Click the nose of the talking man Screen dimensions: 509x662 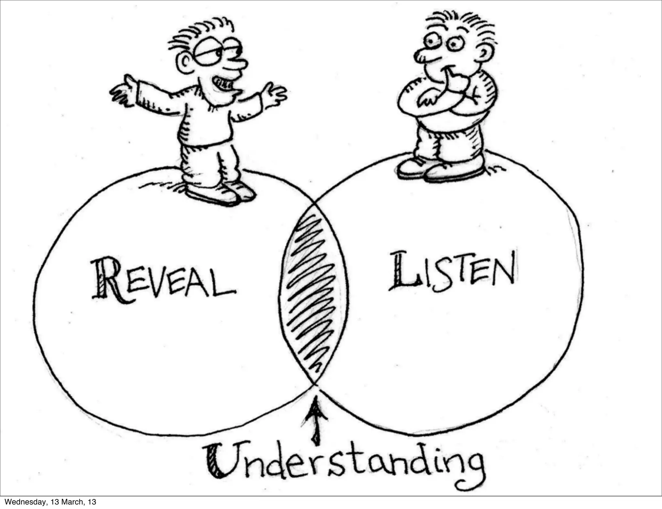[238, 63]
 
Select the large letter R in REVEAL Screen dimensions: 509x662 [108, 279]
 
